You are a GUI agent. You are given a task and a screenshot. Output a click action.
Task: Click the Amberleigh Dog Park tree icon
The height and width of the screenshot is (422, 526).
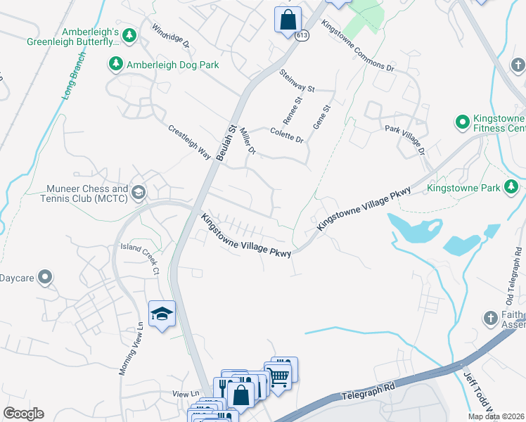(x=115, y=65)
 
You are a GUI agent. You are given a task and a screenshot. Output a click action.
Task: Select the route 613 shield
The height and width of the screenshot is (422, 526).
(x=302, y=35)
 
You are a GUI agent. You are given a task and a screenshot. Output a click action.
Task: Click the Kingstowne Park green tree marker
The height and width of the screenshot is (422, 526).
(x=513, y=187)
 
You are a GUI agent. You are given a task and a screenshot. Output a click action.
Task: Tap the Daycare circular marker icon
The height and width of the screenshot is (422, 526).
(x=46, y=277)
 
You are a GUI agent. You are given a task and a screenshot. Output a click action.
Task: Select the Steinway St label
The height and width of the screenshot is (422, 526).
(x=297, y=80)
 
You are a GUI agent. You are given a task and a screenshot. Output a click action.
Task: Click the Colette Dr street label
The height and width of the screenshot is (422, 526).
(x=287, y=134)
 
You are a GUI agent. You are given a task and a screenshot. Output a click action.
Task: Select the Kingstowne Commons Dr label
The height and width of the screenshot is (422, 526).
(x=357, y=46)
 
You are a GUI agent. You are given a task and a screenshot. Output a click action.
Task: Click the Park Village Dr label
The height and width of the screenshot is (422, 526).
(x=406, y=140)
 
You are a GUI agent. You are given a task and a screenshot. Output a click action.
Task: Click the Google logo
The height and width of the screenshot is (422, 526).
(x=23, y=414)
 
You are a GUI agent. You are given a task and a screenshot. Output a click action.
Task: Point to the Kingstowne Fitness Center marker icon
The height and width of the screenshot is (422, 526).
(x=463, y=122)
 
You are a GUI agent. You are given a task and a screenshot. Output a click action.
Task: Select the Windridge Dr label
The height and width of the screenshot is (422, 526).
(x=171, y=36)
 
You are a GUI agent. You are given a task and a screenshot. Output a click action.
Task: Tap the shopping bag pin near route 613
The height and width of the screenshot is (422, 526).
(x=288, y=19)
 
